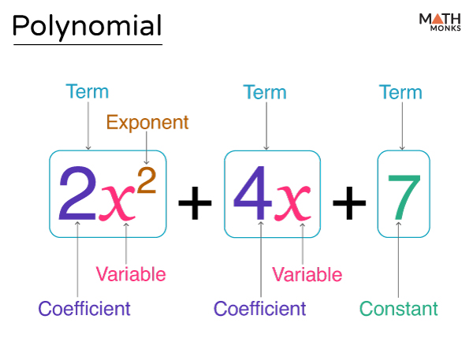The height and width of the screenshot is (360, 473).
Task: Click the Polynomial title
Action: [88, 27]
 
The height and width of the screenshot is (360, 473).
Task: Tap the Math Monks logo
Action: [440, 22]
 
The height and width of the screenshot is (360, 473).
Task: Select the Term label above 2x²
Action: [88, 91]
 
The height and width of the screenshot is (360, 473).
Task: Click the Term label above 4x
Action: [265, 92]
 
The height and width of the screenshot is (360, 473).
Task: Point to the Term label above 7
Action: [400, 92]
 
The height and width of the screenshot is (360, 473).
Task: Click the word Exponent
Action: [147, 122]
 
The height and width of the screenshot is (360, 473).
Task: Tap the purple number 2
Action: [77, 193]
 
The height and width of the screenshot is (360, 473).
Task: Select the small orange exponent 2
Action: [147, 180]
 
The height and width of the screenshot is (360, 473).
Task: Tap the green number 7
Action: [404, 198]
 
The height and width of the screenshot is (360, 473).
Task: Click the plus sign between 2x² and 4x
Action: [195, 202]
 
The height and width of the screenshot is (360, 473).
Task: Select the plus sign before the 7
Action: [349, 202]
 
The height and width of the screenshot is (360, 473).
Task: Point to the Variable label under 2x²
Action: [131, 274]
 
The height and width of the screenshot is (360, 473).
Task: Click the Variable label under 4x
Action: [307, 274]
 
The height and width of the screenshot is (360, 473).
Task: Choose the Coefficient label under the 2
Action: [84, 309]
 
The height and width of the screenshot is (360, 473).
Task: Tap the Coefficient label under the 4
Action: [259, 309]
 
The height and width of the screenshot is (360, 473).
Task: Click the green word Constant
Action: [398, 309]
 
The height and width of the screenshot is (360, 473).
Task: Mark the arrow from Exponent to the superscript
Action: [147, 148]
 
